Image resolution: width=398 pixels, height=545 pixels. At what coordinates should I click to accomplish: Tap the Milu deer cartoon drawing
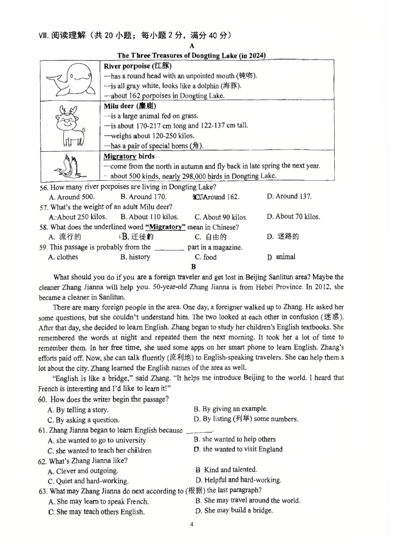tap(70, 126)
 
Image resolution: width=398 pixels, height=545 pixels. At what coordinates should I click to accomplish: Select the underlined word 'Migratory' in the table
tap(119, 157)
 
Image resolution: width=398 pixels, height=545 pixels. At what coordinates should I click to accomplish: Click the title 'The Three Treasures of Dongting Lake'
tap(191, 55)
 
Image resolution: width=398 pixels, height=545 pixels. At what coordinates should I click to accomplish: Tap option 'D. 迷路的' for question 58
tap(283, 237)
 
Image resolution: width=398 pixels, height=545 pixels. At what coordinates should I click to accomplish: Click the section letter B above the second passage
tap(193, 266)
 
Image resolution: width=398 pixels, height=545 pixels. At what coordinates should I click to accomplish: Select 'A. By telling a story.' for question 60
tap(78, 410)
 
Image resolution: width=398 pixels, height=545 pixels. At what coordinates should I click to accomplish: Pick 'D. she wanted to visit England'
tap(238, 450)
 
